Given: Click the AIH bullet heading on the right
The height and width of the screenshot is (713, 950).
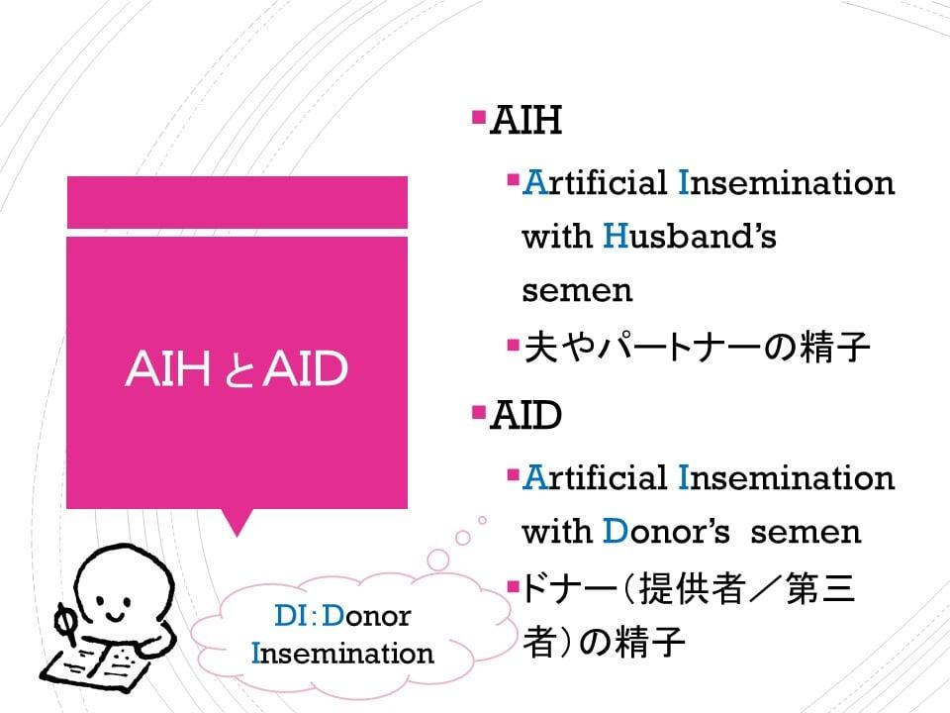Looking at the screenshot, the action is [525, 120].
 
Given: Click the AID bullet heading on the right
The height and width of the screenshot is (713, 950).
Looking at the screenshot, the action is [525, 415].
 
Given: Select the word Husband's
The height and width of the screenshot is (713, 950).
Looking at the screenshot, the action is [690, 236].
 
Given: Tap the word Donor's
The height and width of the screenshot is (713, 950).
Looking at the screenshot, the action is [666, 531].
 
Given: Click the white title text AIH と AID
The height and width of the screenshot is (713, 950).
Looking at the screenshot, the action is [237, 368].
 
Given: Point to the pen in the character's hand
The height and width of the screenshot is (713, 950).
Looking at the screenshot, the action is [65, 623].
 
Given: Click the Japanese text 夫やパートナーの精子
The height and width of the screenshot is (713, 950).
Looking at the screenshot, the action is [697, 348].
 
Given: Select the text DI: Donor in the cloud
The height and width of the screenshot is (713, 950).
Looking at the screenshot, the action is [342, 616].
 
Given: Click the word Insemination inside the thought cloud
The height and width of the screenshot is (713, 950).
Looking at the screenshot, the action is [342, 654].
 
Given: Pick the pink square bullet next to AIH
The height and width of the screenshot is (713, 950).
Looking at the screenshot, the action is [479, 116].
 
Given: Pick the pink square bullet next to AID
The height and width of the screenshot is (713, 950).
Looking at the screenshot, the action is [479, 412].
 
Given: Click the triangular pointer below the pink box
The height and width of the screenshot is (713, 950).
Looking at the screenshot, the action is [237, 523].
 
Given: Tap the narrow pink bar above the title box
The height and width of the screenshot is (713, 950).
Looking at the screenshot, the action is [237, 202].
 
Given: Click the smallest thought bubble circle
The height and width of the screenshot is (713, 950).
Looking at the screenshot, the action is [482, 520].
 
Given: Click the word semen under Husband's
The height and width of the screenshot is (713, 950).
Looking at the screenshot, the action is [577, 290].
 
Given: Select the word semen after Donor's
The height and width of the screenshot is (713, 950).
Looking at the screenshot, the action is [806, 533].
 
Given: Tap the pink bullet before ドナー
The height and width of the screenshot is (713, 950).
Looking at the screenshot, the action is [514, 586].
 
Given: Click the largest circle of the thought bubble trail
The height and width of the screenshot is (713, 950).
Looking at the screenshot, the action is [438, 560].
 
